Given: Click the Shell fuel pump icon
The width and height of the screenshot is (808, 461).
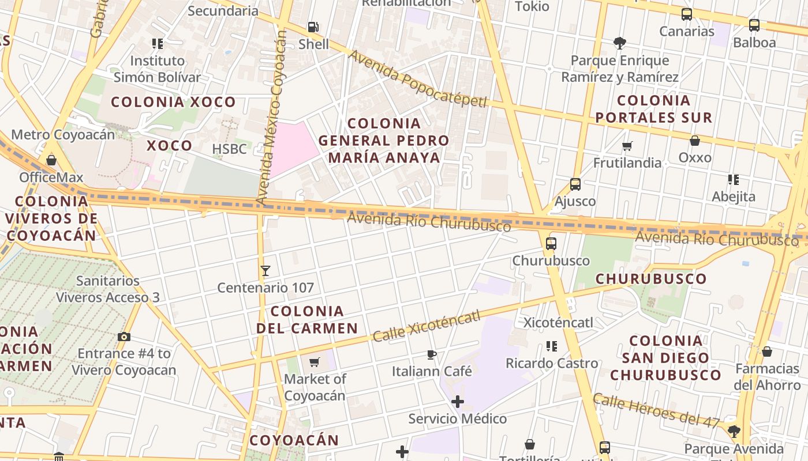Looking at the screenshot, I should [313, 27].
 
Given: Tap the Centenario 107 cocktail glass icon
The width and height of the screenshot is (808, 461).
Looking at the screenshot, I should [265, 270].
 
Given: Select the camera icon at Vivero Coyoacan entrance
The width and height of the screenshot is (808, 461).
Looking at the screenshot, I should [124, 337].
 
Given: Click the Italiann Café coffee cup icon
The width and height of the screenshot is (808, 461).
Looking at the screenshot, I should [432, 354].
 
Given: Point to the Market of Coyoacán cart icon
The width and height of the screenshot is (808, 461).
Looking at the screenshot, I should [315, 362].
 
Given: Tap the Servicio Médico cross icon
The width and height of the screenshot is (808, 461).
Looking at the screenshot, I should [458, 401].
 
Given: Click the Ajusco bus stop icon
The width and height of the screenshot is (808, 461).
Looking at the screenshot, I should [575, 184].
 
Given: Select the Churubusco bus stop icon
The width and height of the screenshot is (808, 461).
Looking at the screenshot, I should [551, 243].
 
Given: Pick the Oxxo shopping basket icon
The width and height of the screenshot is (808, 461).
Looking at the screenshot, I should [695, 140].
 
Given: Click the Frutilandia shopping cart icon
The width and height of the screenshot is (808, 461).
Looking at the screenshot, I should [627, 146].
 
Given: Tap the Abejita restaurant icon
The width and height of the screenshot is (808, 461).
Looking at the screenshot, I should [734, 180].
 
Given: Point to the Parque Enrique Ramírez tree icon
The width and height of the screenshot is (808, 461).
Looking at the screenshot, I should [620, 43].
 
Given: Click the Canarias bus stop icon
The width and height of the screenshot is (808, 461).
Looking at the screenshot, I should [687, 14].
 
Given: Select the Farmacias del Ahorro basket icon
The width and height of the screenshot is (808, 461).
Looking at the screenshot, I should [767, 351].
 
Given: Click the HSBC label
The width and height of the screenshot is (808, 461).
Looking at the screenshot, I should [229, 149].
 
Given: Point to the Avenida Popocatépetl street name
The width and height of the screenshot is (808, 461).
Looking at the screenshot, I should [418, 80].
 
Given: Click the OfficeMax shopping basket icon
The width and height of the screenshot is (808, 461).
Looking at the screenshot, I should [51, 160].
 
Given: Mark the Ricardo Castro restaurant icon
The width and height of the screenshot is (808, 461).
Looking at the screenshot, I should [552, 346].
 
